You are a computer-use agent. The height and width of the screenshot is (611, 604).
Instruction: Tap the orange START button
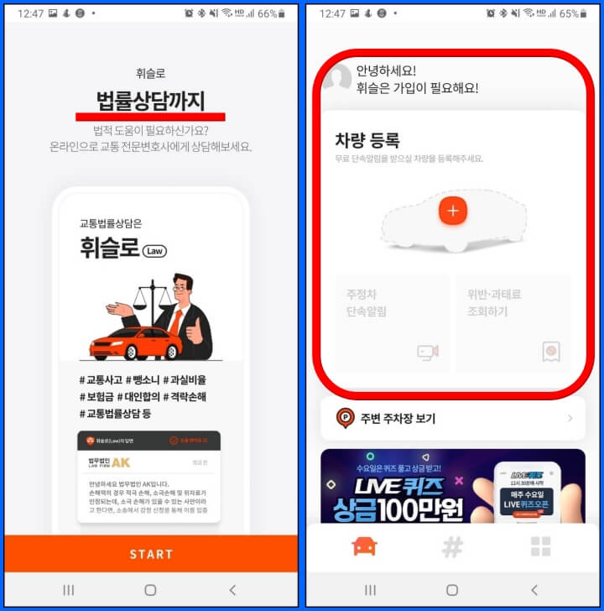pos(151,554)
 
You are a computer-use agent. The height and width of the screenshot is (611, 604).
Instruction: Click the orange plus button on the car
pos(453,211)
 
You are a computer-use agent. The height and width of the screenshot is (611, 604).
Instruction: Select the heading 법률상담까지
pos(151,101)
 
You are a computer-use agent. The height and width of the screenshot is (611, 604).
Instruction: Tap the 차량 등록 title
pos(367,140)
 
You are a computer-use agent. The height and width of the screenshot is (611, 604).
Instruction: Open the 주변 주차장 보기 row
pos(453,418)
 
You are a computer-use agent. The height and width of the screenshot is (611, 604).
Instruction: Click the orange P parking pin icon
pos(345,418)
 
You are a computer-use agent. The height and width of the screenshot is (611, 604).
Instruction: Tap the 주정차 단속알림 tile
pos(392,323)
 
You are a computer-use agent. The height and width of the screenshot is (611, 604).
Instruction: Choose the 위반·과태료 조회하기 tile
pos(514,323)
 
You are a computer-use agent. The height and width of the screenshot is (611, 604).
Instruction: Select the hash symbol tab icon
pos(452,547)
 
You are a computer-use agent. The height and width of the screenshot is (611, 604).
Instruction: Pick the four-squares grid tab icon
pos(541,547)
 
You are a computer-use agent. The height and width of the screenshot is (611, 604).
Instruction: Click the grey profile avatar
pos(337,78)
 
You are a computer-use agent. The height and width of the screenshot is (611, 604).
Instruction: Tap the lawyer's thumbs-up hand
pos(195,332)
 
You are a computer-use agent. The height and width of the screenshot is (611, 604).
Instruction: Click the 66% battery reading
pos(266,13)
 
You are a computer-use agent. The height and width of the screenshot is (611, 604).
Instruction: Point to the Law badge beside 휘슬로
pos(154,251)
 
